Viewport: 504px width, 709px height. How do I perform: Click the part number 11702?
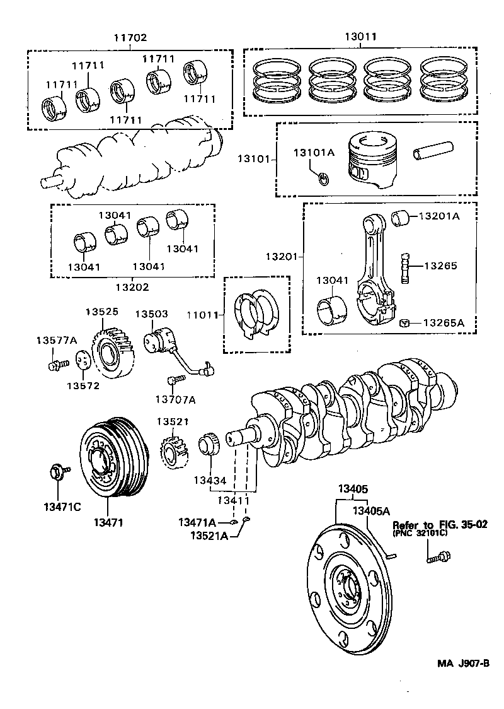(x=130, y=38)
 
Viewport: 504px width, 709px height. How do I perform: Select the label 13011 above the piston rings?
(x=360, y=37)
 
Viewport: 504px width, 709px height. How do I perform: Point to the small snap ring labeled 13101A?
(x=323, y=180)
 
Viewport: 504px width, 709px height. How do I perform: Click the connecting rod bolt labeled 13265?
(x=405, y=267)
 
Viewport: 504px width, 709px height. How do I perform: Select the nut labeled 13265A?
(x=406, y=323)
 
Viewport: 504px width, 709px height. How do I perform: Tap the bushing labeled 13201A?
(x=400, y=218)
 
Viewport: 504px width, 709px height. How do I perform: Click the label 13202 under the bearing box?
(x=132, y=287)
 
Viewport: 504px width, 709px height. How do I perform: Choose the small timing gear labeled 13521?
(x=173, y=450)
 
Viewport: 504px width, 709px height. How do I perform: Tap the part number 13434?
(x=210, y=481)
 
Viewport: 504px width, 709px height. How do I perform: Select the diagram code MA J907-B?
(x=464, y=663)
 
